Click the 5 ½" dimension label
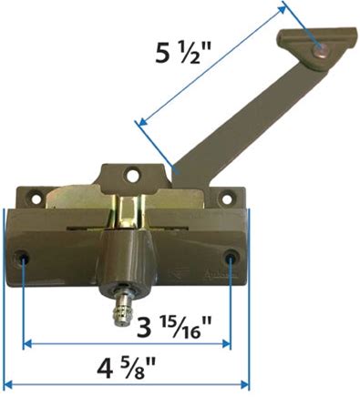178,52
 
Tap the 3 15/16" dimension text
174,328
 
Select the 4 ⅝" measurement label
127,367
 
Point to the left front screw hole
23,257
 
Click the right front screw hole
231,257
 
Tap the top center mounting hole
132,174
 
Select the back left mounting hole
36,198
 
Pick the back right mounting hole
227,198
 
